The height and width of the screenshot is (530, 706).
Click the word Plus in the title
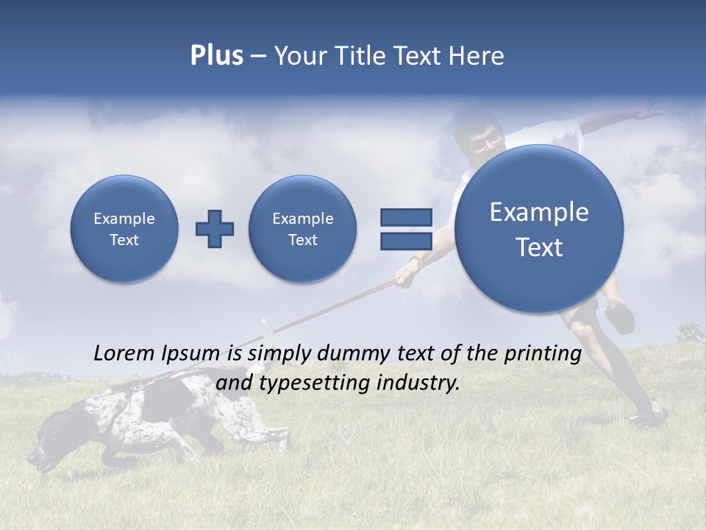click(x=216, y=55)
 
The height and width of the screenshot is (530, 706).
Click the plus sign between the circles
click(x=215, y=229)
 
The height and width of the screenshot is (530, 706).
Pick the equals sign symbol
click(x=405, y=229)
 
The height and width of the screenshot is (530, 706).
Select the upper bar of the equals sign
click(x=405, y=217)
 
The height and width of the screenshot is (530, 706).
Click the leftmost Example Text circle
click(x=124, y=229)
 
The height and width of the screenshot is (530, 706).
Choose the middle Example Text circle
click(x=302, y=229)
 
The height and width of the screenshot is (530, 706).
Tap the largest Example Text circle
click(x=539, y=229)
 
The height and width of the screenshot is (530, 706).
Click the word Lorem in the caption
click(x=124, y=353)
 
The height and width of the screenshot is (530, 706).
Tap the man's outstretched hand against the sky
click(x=646, y=112)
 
